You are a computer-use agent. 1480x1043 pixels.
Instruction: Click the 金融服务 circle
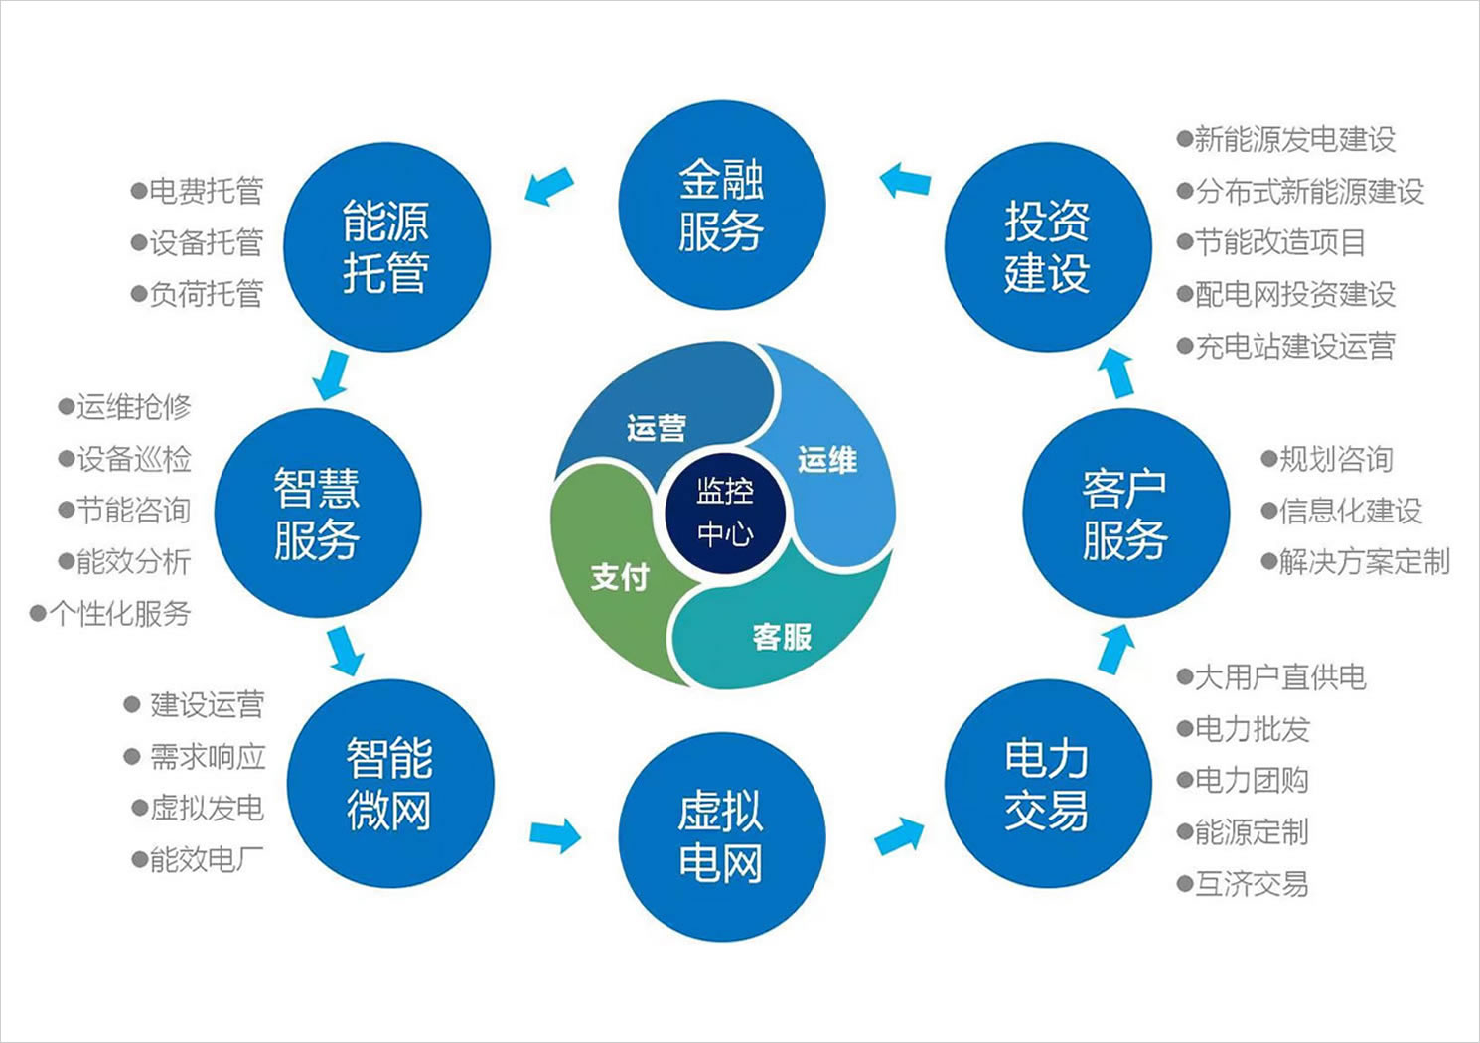[722, 206]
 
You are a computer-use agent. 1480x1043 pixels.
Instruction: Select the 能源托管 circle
[386, 247]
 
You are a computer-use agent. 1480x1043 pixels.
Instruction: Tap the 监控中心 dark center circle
[725, 513]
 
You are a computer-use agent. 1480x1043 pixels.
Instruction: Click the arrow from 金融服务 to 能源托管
[548, 186]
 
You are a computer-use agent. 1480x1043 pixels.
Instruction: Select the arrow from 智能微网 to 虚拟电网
[555, 833]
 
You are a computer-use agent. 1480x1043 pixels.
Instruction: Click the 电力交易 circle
[1047, 784]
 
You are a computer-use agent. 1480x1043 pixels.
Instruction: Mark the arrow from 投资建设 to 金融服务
[905, 181]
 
